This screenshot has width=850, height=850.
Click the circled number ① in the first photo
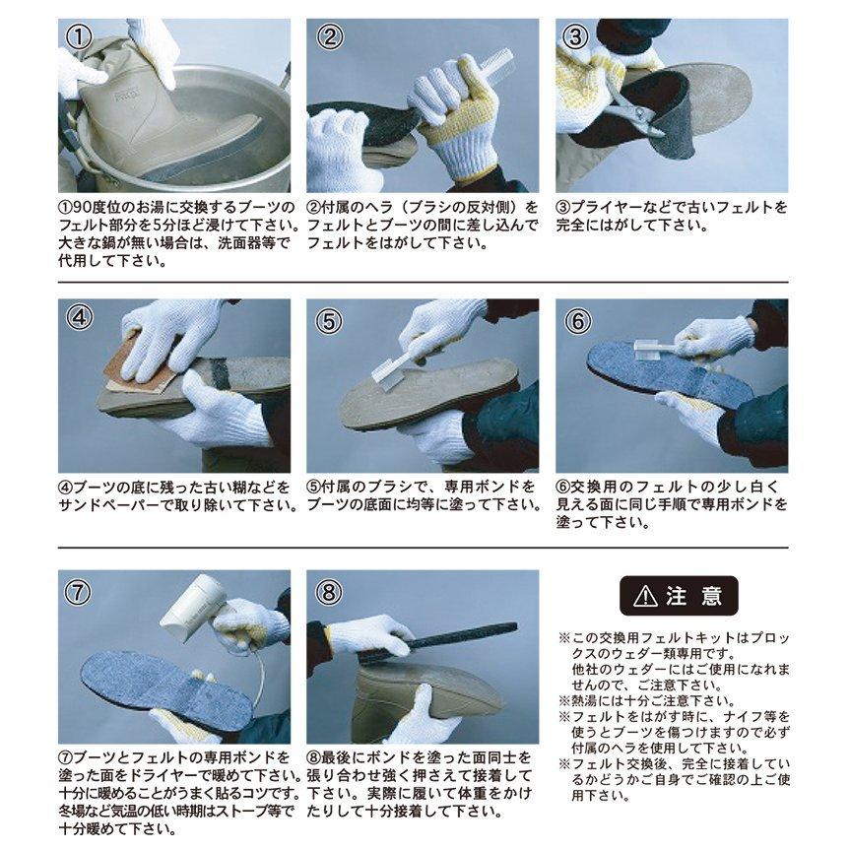click(x=79, y=36)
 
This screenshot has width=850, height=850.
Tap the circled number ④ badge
click(x=79, y=317)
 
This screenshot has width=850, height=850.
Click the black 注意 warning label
click(x=679, y=596)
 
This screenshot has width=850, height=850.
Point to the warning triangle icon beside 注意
click(x=645, y=596)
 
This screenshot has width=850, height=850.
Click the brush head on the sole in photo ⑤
click(x=386, y=378)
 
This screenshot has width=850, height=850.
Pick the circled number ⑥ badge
click(x=577, y=321)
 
